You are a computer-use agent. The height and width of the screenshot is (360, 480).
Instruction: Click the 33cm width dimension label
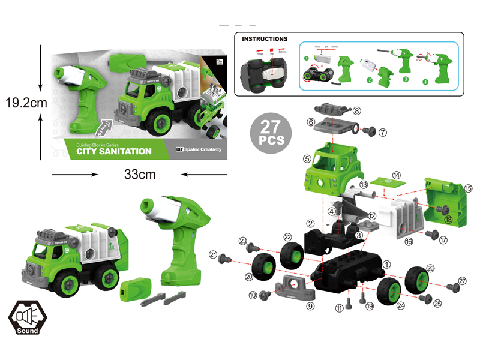(x=139, y=175)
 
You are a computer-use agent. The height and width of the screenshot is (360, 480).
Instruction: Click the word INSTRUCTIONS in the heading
(x=265, y=39)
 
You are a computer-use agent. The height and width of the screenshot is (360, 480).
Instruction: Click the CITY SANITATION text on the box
(x=114, y=151)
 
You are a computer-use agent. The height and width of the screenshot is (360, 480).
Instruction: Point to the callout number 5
(x=307, y=159)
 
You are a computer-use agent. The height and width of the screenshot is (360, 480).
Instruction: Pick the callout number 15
(x=468, y=188)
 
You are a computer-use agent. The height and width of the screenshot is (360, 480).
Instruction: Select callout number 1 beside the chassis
(x=387, y=263)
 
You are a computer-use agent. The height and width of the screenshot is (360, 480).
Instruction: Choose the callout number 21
(x=212, y=256)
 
